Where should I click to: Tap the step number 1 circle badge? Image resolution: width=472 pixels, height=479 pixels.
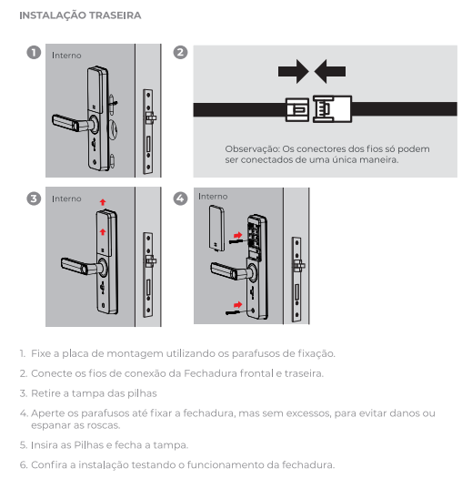(x=34, y=52)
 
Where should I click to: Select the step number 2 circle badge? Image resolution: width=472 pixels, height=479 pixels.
(x=180, y=52)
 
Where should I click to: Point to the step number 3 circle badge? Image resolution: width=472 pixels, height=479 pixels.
(x=34, y=199)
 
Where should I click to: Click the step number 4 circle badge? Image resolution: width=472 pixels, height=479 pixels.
(x=180, y=199)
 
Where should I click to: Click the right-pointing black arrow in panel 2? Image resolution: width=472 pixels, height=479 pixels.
(x=293, y=71)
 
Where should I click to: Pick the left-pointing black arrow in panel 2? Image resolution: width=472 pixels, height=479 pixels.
(x=330, y=71)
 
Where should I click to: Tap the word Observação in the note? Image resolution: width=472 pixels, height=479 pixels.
(x=252, y=149)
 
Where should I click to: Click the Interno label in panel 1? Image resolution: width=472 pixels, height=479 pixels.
(x=66, y=56)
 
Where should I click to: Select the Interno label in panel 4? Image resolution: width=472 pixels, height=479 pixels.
(x=213, y=197)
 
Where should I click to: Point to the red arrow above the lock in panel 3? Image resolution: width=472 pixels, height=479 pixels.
(x=103, y=202)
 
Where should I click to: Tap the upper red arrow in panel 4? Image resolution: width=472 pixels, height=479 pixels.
(x=237, y=235)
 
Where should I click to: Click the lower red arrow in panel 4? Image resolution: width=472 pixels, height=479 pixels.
(x=237, y=304)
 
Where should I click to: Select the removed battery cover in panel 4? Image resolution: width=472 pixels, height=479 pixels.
(x=217, y=229)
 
